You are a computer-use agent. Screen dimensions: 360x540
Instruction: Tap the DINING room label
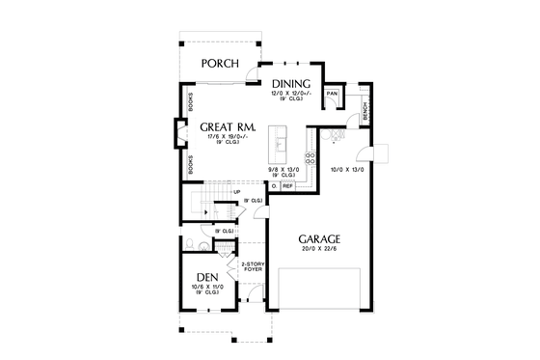pyautogui.click(x=289, y=84)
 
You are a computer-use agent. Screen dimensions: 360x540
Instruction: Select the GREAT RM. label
pyautogui.click(x=228, y=126)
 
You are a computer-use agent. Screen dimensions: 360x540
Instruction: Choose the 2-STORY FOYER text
pyautogui.click(x=253, y=266)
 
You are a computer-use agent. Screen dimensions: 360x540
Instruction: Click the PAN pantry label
pyautogui.click(x=331, y=94)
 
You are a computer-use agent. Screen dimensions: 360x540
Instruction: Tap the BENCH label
pyautogui.click(x=366, y=112)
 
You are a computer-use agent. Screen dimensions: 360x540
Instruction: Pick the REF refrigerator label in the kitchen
pyautogui.click(x=287, y=185)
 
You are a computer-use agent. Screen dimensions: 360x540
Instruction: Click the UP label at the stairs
pyautogui.click(x=236, y=191)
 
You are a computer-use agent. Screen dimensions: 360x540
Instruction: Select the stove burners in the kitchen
pyautogui.click(x=310, y=155)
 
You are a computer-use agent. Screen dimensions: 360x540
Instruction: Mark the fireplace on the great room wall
pyautogui.click(x=179, y=134)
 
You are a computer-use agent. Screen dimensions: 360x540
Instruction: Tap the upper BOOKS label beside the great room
pyautogui.click(x=189, y=102)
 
